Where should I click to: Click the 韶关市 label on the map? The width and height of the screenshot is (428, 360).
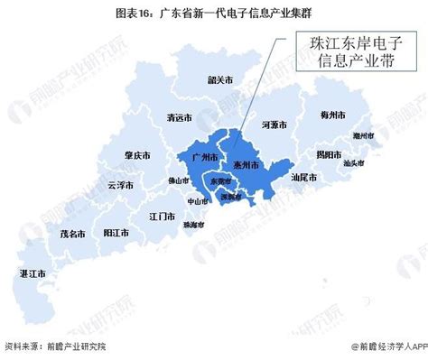click(219, 80)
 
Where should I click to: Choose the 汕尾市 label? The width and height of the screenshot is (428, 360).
click(302, 177)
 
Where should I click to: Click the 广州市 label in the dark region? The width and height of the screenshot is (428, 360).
click(207, 157)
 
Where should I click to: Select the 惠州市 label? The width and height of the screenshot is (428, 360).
click(246, 165)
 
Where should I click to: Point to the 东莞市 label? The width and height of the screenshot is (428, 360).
click(220, 181)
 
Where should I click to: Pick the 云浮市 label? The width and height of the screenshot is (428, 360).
click(121, 185)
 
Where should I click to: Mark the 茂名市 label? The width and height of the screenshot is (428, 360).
click(73, 233)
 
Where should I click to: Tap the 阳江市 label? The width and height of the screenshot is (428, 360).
click(116, 232)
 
